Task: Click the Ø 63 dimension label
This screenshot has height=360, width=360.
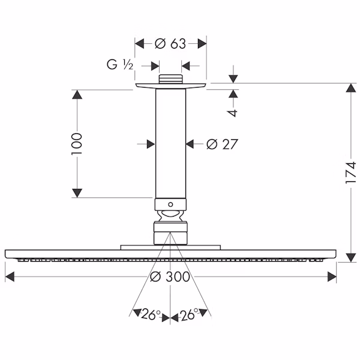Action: click(170, 44)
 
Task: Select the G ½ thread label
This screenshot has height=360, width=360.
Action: click(120, 65)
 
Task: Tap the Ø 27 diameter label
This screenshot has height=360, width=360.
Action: click(222, 144)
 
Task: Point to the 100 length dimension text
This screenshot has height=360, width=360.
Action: click(77, 144)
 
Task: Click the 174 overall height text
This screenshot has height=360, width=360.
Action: click(351, 173)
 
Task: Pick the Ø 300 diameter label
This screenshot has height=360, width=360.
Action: click(170, 277)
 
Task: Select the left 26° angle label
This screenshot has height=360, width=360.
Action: click(151, 314)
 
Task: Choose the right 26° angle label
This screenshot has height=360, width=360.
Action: click(190, 314)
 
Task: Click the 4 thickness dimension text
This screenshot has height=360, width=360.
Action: click(233, 113)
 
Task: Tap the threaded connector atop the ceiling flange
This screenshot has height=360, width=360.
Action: click(170, 79)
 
